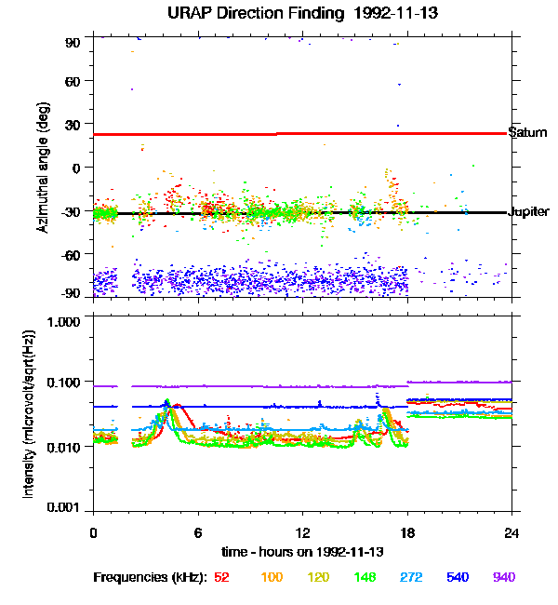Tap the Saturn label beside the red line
(x=527, y=132)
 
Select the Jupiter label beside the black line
(x=529, y=211)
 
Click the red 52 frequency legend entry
(x=221, y=577)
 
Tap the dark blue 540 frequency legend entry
(x=456, y=577)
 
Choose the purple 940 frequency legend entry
(x=503, y=577)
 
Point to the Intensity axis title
(x=29, y=415)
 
